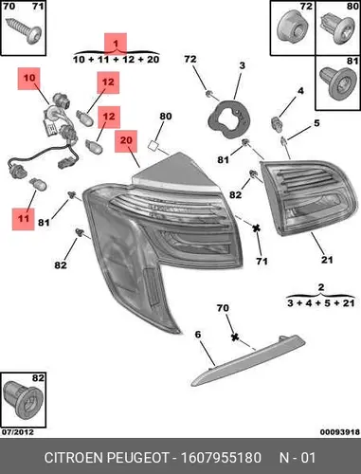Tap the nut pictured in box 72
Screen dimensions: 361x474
coord(292,28)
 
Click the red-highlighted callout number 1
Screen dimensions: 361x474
coord(116,44)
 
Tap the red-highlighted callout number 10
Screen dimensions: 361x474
coord(29,79)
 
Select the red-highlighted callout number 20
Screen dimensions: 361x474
coord(126,140)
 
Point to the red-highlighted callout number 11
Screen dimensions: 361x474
coord(23,219)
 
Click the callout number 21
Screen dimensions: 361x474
coord(327,260)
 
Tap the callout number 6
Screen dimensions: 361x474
coord(198,335)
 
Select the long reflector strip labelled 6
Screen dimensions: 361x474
coord(248,360)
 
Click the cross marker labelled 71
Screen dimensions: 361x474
coord(257,228)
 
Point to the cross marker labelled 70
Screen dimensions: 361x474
coord(234,337)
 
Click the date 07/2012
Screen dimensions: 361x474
coord(18,432)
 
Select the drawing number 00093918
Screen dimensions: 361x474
coord(340,432)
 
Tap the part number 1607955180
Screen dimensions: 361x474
coord(221,458)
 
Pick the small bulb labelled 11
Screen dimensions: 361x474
coord(38,184)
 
